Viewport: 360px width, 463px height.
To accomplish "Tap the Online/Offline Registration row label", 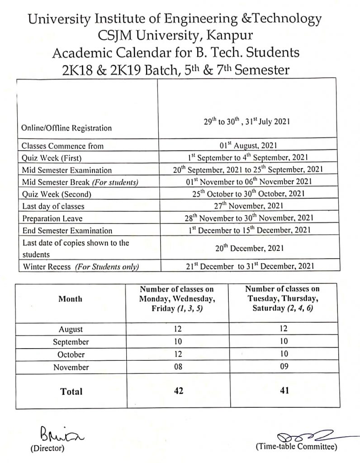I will click(x=66, y=128).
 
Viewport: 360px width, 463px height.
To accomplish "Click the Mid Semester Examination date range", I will click(x=248, y=170).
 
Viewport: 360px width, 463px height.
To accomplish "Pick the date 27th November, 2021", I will click(x=247, y=206).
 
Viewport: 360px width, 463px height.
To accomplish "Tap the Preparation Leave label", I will click(x=52, y=218).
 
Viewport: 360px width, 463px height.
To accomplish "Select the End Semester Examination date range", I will click(x=248, y=230).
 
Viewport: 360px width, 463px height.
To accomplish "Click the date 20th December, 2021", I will click(x=247, y=248).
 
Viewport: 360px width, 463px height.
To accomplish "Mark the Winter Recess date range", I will click(x=247, y=267).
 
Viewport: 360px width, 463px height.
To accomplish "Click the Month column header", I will click(x=71, y=299).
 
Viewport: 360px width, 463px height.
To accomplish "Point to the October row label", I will click(x=71, y=354).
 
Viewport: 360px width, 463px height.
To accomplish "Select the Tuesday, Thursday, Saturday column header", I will click(x=283, y=299).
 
